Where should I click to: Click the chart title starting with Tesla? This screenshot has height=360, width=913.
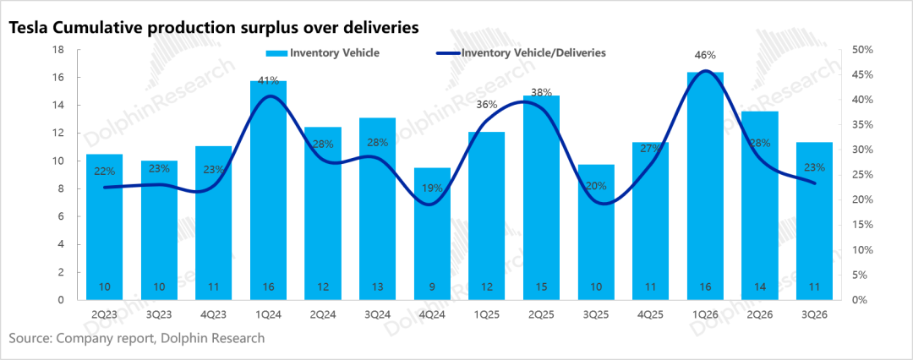[212, 28]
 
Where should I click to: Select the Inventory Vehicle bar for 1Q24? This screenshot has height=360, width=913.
[269, 190]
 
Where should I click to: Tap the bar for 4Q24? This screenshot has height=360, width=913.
[432, 234]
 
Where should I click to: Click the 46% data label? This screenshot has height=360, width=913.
[705, 55]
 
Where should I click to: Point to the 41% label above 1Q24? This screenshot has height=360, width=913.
[269, 81]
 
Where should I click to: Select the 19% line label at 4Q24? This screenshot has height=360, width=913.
[432, 188]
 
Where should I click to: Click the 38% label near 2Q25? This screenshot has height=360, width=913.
[541, 91]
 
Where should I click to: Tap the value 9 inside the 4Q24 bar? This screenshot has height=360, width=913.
[432, 286]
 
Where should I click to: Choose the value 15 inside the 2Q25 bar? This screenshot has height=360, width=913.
[541, 286]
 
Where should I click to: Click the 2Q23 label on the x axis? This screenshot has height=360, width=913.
[105, 314]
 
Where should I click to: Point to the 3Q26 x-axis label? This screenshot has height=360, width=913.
[814, 314]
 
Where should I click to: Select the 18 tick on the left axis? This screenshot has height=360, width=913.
[57, 50]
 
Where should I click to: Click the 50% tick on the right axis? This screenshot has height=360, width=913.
[861, 50]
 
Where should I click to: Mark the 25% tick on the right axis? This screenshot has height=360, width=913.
[861, 175]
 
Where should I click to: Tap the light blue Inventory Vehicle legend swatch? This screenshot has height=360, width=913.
[276, 53]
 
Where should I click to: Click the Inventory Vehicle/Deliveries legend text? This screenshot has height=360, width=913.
[533, 53]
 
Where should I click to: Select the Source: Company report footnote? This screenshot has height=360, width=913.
[137, 338]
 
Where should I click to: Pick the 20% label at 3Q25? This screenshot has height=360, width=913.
[596, 187]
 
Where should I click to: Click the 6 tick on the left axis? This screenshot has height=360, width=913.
[60, 216]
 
